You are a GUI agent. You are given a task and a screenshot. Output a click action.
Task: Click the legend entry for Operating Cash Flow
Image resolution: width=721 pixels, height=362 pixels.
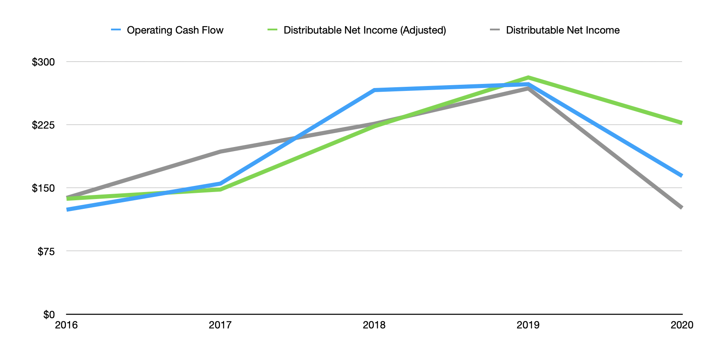(x=175, y=30)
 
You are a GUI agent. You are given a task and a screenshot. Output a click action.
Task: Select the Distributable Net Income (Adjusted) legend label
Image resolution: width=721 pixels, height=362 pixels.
(x=364, y=30)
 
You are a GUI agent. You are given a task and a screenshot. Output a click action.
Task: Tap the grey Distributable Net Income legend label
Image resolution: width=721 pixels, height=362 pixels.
(x=562, y=30)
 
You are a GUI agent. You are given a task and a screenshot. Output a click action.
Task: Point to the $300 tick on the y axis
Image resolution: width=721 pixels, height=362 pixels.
(x=43, y=62)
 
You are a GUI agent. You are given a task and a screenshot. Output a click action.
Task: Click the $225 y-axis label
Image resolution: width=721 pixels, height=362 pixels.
(x=43, y=125)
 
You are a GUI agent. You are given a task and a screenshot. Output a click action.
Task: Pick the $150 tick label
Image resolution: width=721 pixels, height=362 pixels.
(x=43, y=188)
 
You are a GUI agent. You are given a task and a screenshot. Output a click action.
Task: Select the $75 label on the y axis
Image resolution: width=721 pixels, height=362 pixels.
(x=45, y=251)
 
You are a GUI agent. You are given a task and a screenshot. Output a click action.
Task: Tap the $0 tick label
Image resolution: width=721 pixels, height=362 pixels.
(x=49, y=314)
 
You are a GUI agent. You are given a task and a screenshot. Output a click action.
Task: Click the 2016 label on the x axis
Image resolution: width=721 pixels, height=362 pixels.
(x=66, y=325)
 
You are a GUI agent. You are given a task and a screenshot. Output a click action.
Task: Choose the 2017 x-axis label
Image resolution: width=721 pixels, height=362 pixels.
(x=220, y=325)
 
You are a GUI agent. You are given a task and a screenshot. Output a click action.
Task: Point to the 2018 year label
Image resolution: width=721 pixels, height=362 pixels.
(x=374, y=325)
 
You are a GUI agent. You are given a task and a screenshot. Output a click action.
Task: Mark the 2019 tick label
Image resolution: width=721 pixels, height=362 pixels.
(x=528, y=325)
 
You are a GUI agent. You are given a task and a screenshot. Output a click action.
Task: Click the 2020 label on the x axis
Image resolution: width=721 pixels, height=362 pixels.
(x=682, y=325)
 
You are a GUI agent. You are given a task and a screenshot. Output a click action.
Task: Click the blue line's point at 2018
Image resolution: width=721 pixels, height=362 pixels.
(x=374, y=90)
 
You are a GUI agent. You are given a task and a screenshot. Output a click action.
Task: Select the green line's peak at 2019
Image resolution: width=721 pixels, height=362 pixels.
(x=528, y=77)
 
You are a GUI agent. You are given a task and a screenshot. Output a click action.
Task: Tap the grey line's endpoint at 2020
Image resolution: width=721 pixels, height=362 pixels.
(x=681, y=208)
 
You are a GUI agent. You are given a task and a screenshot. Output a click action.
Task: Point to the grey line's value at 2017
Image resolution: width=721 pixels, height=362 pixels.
(x=220, y=152)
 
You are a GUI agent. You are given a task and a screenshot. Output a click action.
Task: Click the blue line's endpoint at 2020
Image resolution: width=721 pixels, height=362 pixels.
(x=681, y=176)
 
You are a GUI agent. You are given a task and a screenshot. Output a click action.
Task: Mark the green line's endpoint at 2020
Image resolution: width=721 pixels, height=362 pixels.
(x=681, y=123)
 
